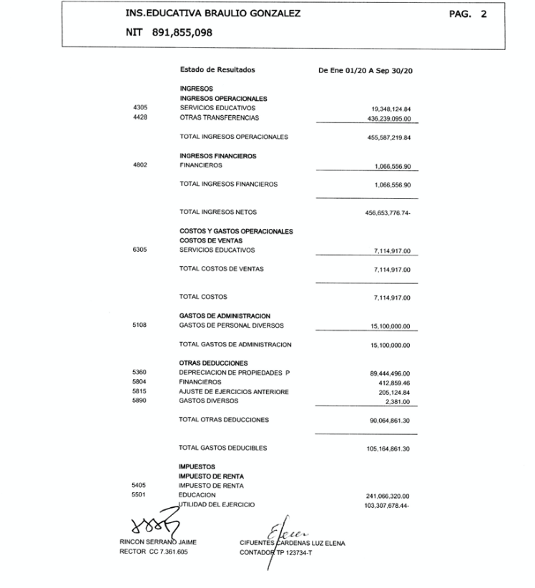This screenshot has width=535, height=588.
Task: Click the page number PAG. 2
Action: coord(468,14)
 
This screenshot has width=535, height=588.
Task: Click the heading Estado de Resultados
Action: coord(217,70)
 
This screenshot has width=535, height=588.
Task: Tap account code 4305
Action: coord(140,108)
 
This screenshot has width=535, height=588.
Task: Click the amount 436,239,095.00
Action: coord(388,118)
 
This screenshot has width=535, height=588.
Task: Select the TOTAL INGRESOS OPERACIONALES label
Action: coord(233,137)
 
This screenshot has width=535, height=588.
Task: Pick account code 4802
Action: coord(140,165)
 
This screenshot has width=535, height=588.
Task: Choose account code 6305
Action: coord(140,250)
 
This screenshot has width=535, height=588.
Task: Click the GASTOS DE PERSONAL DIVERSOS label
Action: coord(232,325)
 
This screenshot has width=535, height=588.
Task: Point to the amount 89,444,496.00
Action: coord(390,373)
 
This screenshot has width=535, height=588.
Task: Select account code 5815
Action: coord(140,391)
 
